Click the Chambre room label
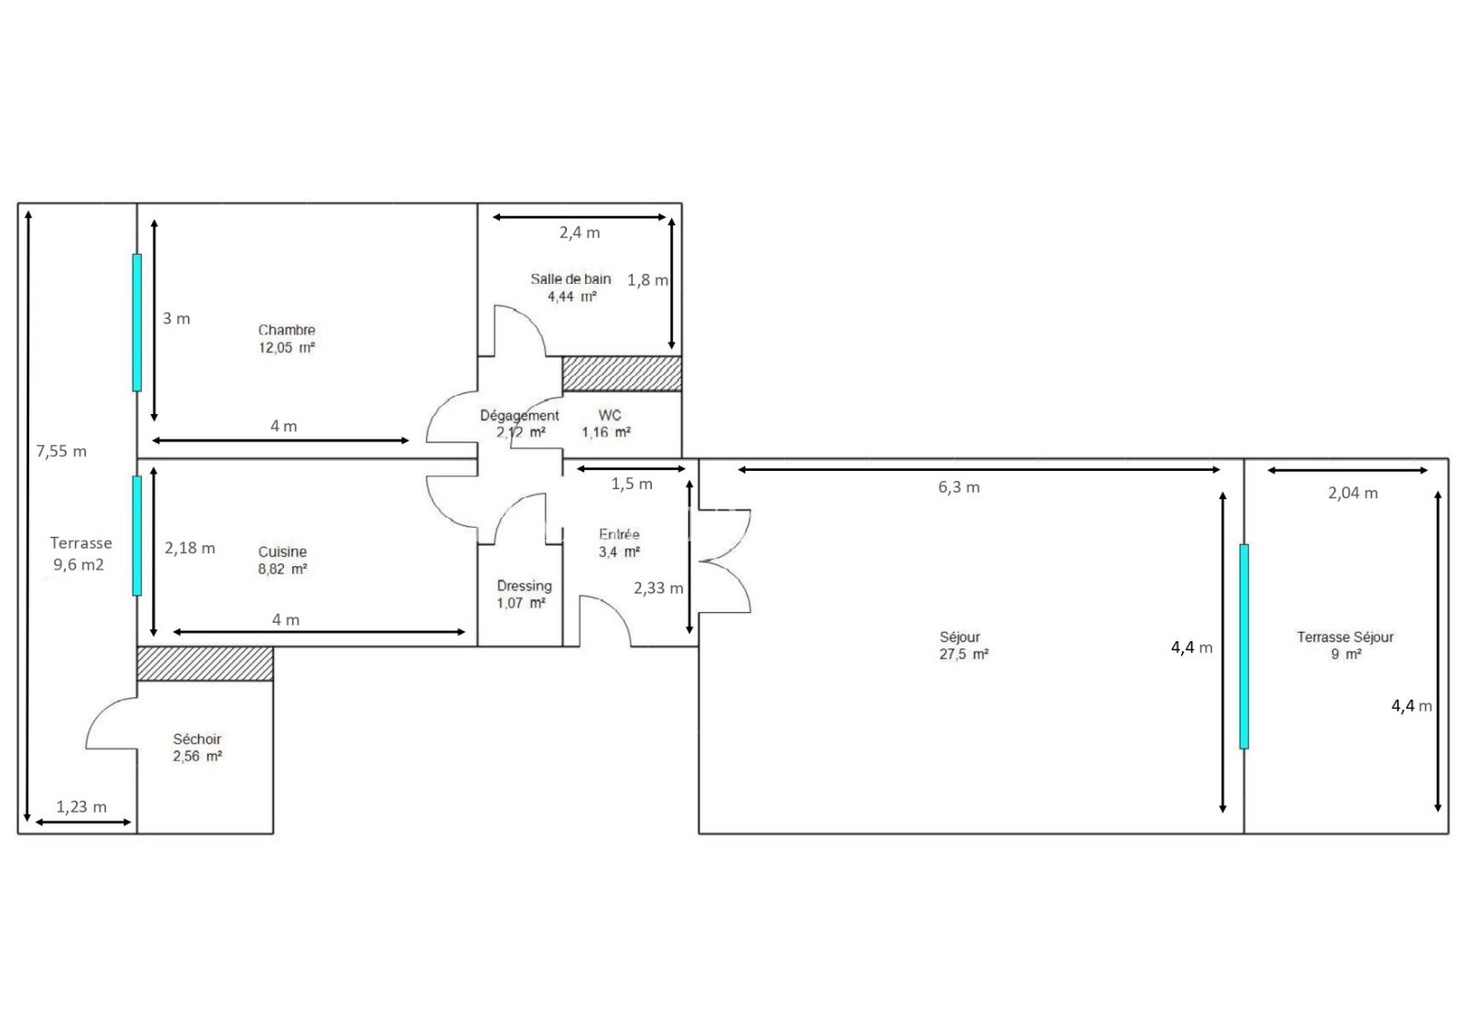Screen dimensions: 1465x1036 pyautogui.click(x=287, y=330)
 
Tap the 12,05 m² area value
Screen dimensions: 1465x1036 pyautogui.click(x=287, y=347)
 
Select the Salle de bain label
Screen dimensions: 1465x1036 pyautogui.click(x=570, y=278)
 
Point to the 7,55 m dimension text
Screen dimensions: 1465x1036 pyautogui.click(x=61, y=451)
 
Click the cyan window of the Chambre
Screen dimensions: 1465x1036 pyautogui.click(x=137, y=322)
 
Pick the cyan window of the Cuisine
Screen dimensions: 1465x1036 pyautogui.click(x=137, y=535)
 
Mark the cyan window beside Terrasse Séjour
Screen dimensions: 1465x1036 pyautogui.click(x=1244, y=647)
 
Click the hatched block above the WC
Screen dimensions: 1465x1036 pyautogui.click(x=622, y=374)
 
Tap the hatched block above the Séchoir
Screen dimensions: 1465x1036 pyautogui.click(x=205, y=663)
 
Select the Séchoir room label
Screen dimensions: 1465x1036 pyautogui.click(x=197, y=739)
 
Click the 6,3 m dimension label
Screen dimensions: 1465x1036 pyautogui.click(x=959, y=487)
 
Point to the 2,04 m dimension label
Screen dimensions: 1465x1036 pyautogui.click(x=1352, y=493)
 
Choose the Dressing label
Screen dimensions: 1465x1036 pyautogui.click(x=525, y=585)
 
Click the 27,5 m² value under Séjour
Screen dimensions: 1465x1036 pyautogui.click(x=964, y=654)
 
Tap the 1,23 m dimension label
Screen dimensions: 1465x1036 pyautogui.click(x=81, y=806)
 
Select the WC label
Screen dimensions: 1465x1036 pyautogui.click(x=610, y=415)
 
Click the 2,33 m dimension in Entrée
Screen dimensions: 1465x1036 pyautogui.click(x=658, y=588)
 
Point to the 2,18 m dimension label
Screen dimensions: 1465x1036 pyautogui.click(x=190, y=548)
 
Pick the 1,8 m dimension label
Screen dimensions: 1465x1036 pyautogui.click(x=647, y=280)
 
